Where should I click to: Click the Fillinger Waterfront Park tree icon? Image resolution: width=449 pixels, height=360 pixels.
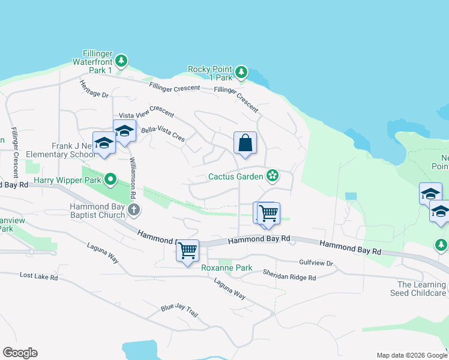click(122, 60)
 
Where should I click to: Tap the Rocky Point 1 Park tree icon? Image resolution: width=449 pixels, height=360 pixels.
click(241, 73)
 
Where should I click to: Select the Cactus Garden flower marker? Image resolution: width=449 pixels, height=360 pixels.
click(273, 175)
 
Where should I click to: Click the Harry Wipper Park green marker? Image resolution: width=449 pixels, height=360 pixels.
click(110, 179)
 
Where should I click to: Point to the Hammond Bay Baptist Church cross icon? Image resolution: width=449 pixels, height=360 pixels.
click(134, 210)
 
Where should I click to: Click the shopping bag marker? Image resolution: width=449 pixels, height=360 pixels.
click(245, 143)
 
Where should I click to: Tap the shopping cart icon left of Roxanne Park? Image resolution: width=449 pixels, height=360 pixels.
click(187, 250)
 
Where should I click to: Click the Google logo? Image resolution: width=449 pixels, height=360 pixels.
click(20, 353)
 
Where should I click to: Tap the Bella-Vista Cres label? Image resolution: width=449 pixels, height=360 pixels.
click(163, 133)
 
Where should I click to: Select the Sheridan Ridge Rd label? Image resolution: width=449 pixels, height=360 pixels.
click(289, 275)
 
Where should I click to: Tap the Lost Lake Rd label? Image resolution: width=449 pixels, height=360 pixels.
click(38, 277)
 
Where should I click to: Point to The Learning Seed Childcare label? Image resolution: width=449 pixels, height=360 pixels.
click(421, 289)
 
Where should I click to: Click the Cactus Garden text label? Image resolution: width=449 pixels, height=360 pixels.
click(236, 176)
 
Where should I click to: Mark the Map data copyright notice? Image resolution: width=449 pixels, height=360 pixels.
click(411, 355)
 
